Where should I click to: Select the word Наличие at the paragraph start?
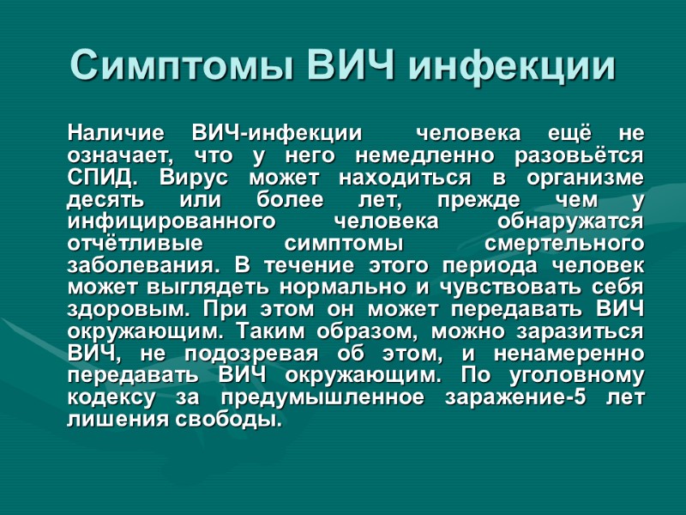pos(115,134)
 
